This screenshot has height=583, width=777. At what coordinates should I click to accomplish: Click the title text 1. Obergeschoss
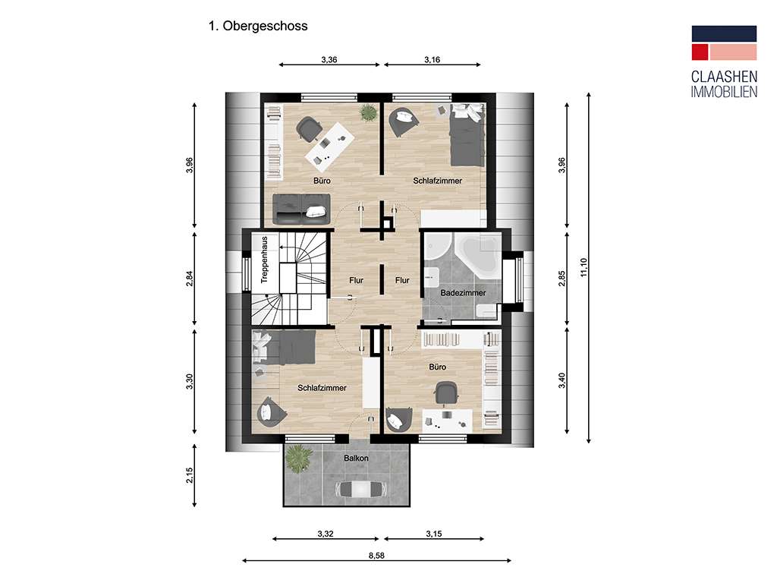pyautogui.click(x=257, y=26)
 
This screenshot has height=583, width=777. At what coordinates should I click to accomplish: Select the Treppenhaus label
pyautogui.click(x=265, y=260)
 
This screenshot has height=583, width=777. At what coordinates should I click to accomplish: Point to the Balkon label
pyautogui.click(x=356, y=459)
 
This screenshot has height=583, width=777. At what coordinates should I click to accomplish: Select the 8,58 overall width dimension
pyautogui.click(x=376, y=556)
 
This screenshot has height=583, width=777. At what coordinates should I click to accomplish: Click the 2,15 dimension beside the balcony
pyautogui.click(x=190, y=475)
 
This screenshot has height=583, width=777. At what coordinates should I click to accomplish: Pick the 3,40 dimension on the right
pyautogui.click(x=562, y=380)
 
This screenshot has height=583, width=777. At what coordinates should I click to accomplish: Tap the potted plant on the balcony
pyautogui.click(x=299, y=458)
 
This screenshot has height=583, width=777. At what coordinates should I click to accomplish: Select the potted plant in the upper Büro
pyautogui.click(x=369, y=113)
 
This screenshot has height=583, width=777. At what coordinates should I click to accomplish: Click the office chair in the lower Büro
pyautogui.click(x=446, y=393)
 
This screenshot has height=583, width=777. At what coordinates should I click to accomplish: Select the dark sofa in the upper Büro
pyautogui.click(x=300, y=206)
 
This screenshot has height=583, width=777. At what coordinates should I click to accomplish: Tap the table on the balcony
pyautogui.click(x=355, y=490)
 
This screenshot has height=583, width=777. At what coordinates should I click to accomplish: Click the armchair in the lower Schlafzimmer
pyautogui.click(x=272, y=411)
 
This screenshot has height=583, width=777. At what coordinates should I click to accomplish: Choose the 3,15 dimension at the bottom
pyautogui.click(x=433, y=534)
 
